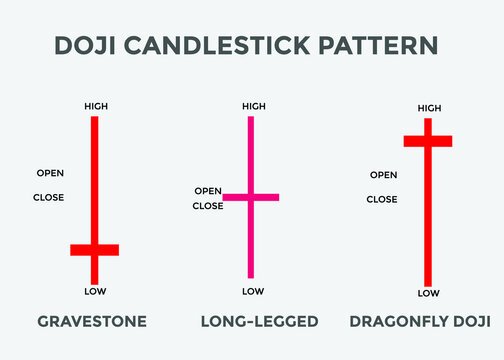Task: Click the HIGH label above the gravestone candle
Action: click(95, 105)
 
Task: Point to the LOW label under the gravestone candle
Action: click(95, 292)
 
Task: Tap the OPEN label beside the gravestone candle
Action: click(50, 173)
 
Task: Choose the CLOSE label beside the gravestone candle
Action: click(48, 197)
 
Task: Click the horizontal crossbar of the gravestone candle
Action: click(95, 249)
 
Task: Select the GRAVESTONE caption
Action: click(92, 322)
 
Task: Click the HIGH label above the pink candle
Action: click(254, 105)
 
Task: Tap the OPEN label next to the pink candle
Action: click(208, 191)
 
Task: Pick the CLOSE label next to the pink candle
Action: click(208, 206)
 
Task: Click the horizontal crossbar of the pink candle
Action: click(251, 198)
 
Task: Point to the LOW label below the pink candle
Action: click(254, 291)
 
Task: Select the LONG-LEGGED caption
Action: click(259, 322)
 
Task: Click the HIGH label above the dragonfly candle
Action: click(429, 108)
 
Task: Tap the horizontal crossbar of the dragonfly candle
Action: click(428, 141)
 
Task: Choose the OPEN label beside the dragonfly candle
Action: click(383, 175)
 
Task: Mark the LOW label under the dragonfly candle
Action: click(428, 293)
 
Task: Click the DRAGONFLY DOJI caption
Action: click(420, 322)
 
